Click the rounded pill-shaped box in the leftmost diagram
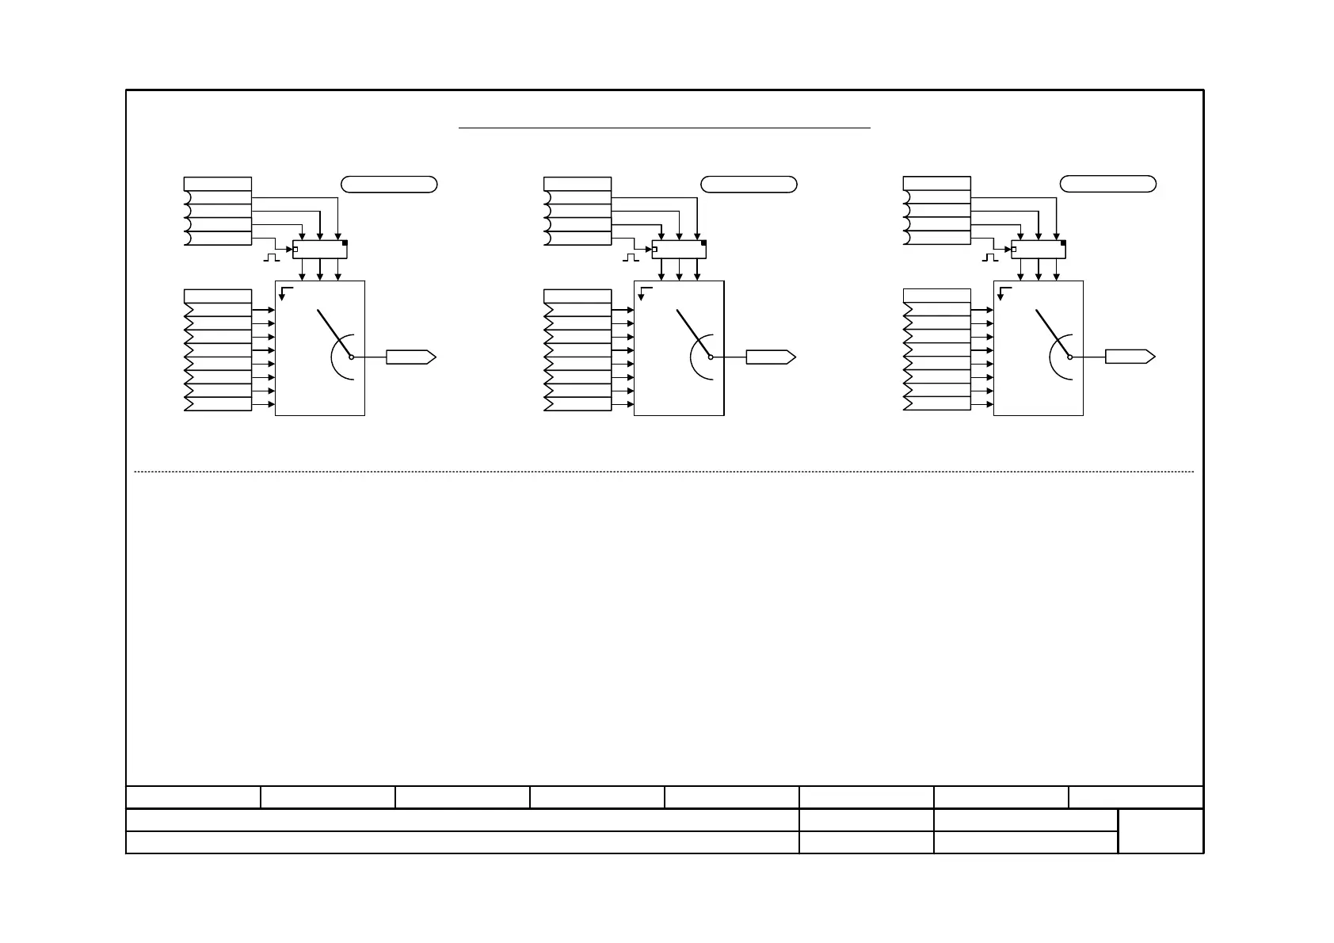point(389,185)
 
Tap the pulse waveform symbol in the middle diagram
point(631,258)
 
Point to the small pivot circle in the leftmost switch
point(351,357)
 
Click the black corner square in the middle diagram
point(703,244)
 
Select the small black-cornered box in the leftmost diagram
point(320,249)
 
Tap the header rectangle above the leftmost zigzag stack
point(218,296)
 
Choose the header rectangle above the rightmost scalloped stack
point(936,184)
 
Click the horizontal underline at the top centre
point(665,127)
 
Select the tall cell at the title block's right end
point(1161,830)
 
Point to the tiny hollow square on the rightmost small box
point(1015,250)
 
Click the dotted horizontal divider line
point(664,472)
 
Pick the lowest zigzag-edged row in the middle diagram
point(578,404)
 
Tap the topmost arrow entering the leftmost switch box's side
point(263,310)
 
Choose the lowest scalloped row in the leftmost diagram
point(218,238)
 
